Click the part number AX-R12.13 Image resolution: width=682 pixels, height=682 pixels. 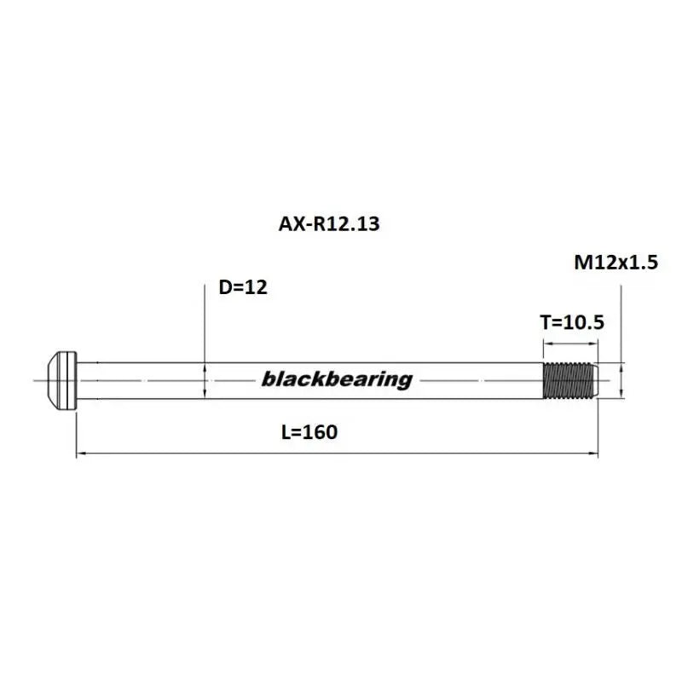[x=328, y=224]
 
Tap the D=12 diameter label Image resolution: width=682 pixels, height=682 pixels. [x=243, y=287]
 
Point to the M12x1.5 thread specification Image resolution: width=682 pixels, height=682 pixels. [x=616, y=263]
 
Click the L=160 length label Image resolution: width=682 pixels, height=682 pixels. [x=309, y=432]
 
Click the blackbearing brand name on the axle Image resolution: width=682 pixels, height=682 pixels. [x=337, y=379]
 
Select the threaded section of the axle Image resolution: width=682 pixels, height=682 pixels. [x=569, y=379]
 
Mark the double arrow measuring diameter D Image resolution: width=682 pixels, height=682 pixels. [x=205, y=379]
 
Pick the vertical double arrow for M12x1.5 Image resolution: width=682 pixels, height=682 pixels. [x=621, y=379]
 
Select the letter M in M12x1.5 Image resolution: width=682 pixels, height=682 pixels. [x=582, y=263]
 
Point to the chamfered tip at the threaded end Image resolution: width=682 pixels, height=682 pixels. [x=599, y=379]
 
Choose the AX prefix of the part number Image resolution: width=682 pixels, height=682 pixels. [x=291, y=224]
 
